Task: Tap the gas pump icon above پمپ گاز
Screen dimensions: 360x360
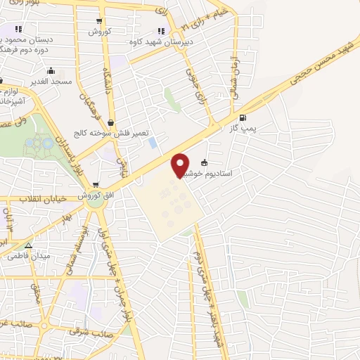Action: point(243,117)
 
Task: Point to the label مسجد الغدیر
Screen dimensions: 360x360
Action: point(51,82)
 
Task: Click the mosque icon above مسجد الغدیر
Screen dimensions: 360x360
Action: point(51,71)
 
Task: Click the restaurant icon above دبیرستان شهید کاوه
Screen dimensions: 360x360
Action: point(161,31)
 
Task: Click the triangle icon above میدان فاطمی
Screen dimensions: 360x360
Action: point(28,245)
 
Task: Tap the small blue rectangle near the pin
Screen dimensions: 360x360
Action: point(153,143)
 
